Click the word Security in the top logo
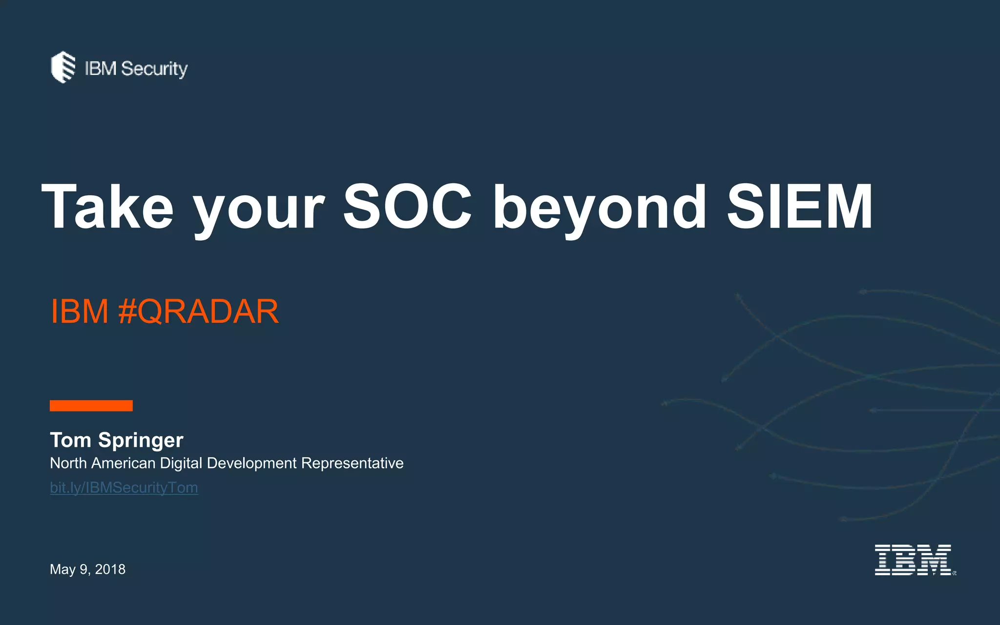154,69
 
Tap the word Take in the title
107,207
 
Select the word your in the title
259,210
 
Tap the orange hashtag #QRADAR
198,312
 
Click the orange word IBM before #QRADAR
79,312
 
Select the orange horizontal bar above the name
91,406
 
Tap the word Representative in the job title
352,463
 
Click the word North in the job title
68,463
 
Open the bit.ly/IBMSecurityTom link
124,488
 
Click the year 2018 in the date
110,569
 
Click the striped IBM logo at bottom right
914,560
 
